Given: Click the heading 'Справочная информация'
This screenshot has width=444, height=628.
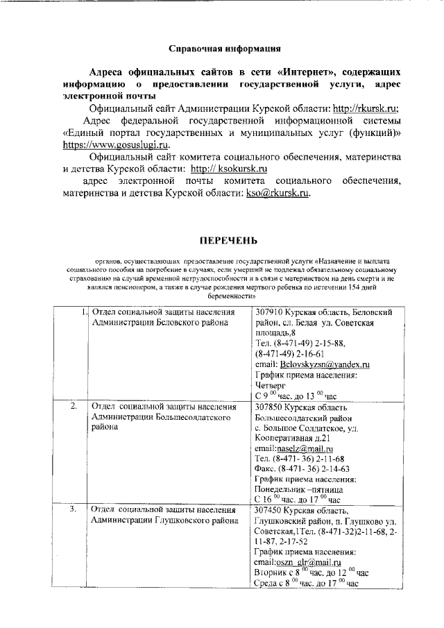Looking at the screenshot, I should [x=225, y=49].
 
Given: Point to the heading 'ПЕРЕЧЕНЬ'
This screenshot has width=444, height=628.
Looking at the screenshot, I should [x=229, y=241].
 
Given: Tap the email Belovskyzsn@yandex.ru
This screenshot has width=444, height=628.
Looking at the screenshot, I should [x=322, y=364].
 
